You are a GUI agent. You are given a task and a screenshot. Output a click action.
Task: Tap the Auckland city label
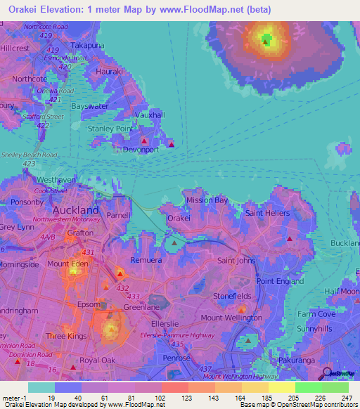click(76, 210)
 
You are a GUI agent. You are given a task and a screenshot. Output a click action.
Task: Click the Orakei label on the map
click(179, 219)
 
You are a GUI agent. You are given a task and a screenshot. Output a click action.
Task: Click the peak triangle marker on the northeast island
click(265, 41)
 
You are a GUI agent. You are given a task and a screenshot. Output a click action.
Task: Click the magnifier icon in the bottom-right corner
click(327, 372)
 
